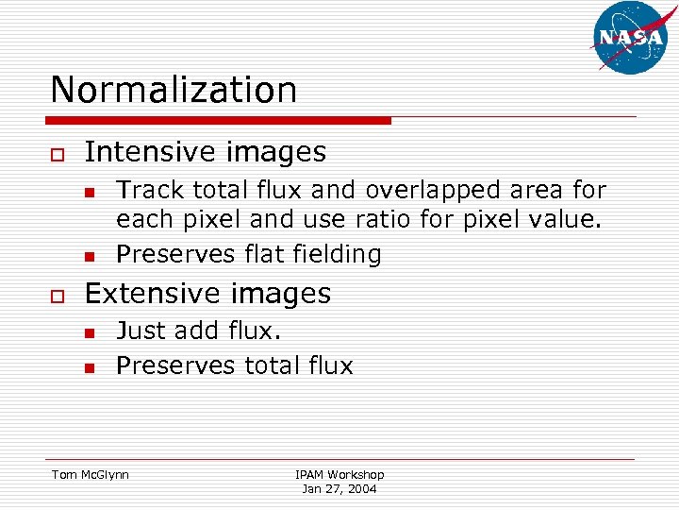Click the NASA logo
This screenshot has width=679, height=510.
tap(630, 37)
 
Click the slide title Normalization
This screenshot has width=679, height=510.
tap(174, 90)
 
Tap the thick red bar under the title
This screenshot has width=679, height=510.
tap(221, 121)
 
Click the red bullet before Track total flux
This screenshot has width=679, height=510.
tap(88, 193)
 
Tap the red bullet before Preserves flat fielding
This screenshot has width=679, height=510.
tap(88, 256)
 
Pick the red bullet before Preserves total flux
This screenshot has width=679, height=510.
tap(88, 367)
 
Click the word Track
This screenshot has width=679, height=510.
tap(151, 190)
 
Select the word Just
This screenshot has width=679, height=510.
tap(142, 331)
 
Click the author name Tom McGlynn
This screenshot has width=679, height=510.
tap(91, 474)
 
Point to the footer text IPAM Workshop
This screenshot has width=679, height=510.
tap(339, 474)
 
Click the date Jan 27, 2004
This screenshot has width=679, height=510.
tap(339, 489)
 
